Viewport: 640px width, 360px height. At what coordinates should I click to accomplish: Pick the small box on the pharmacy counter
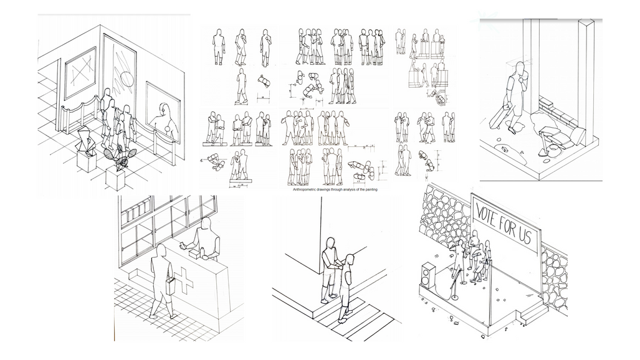203,253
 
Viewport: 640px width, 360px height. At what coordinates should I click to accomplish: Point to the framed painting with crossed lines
80,72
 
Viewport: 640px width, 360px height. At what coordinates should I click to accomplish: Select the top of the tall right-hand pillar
586,24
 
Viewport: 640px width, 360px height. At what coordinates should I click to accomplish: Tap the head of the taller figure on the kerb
331,243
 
